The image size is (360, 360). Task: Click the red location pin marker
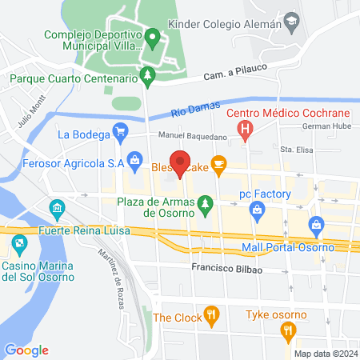click(181, 162)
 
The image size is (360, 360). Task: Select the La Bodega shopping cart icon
click(121, 132)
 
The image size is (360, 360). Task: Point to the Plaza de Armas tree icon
click(206, 204)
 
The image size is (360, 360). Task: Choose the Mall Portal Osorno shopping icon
click(317, 226)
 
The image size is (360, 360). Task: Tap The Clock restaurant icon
click(211, 314)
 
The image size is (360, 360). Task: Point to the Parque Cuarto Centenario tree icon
click(146, 76)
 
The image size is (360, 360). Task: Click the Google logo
click(26, 350)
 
